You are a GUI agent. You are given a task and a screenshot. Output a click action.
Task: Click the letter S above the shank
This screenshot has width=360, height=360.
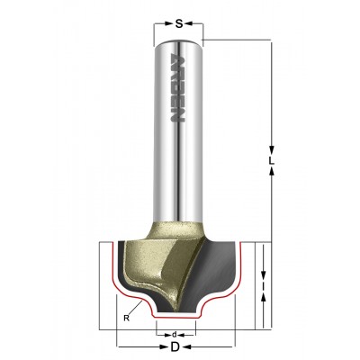point(179,23)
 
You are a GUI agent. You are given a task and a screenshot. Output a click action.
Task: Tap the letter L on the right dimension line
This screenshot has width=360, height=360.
point(271,161)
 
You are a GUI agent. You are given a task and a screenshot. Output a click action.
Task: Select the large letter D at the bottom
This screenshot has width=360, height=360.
point(175,347)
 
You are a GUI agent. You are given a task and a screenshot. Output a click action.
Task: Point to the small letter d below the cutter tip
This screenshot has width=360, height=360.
point(174,334)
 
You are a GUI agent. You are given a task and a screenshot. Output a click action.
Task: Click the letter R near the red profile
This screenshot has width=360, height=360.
point(127,319)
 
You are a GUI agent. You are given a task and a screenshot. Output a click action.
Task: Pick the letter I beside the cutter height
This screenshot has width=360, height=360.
point(263,287)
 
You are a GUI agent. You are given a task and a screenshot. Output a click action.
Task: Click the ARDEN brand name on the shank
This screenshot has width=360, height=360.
point(177,87)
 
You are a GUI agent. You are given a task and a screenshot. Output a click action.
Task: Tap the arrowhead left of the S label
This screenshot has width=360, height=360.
point(169,23)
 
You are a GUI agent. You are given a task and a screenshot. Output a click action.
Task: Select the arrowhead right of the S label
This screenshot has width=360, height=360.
point(188,23)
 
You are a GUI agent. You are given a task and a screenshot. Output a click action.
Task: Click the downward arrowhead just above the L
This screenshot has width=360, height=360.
point(272,150)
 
